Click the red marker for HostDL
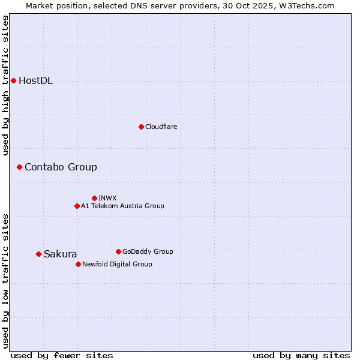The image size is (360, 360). click(13, 80)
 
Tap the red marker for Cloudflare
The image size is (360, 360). click(141, 127)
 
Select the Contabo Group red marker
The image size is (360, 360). click(19, 167)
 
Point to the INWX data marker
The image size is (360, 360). click(94, 198)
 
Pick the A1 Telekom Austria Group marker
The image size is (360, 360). click(77, 206)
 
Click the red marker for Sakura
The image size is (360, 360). click(38, 254)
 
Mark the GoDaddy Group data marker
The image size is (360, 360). click(118, 251)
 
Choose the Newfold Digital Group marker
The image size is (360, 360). click(78, 264)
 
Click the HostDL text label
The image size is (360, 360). click(36, 81)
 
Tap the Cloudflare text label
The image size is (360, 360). click(161, 127)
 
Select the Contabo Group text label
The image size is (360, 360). click(61, 167)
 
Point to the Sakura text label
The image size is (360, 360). click(61, 254)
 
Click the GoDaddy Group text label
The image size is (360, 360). click(148, 251)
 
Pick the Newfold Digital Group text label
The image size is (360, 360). click(117, 264)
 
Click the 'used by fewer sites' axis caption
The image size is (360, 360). click(62, 355)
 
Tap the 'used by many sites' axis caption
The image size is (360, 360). click(301, 355)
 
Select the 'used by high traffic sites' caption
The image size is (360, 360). click(6, 85)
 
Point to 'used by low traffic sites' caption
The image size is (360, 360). click(6, 281)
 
